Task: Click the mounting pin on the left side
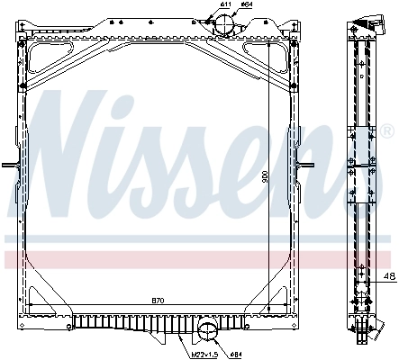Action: click(8, 165)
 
